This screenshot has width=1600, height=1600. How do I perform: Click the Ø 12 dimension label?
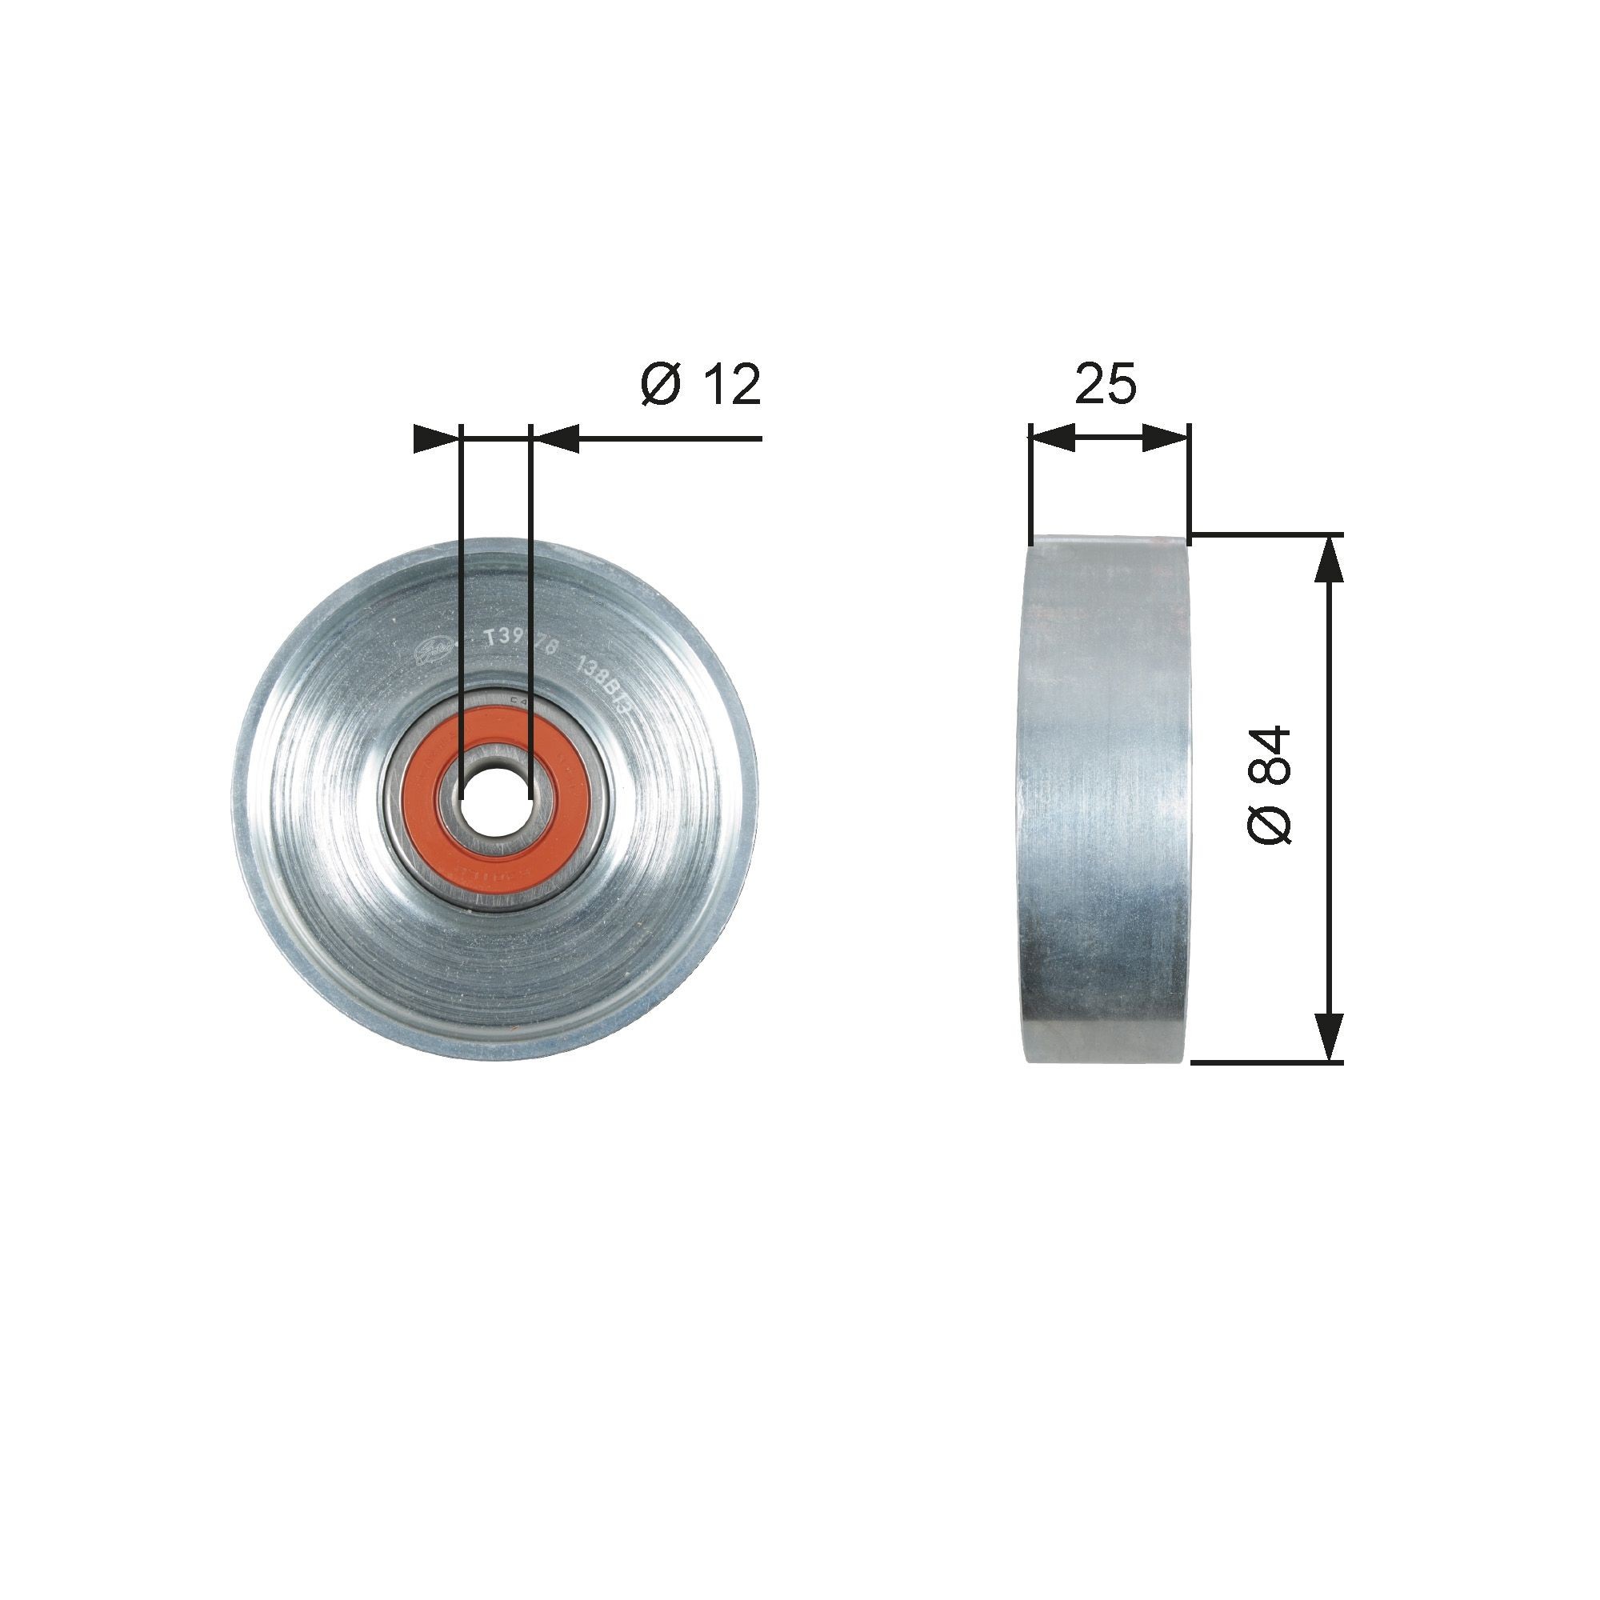coord(701,385)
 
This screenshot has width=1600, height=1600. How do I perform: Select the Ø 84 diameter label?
coord(1270,785)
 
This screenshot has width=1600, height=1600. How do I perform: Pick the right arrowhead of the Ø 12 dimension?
coord(554,438)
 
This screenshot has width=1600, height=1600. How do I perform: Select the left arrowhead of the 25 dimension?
coord(1052,438)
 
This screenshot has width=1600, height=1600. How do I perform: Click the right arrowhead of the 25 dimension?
coord(1166,438)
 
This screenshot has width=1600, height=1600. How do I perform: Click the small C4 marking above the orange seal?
coord(519,700)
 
